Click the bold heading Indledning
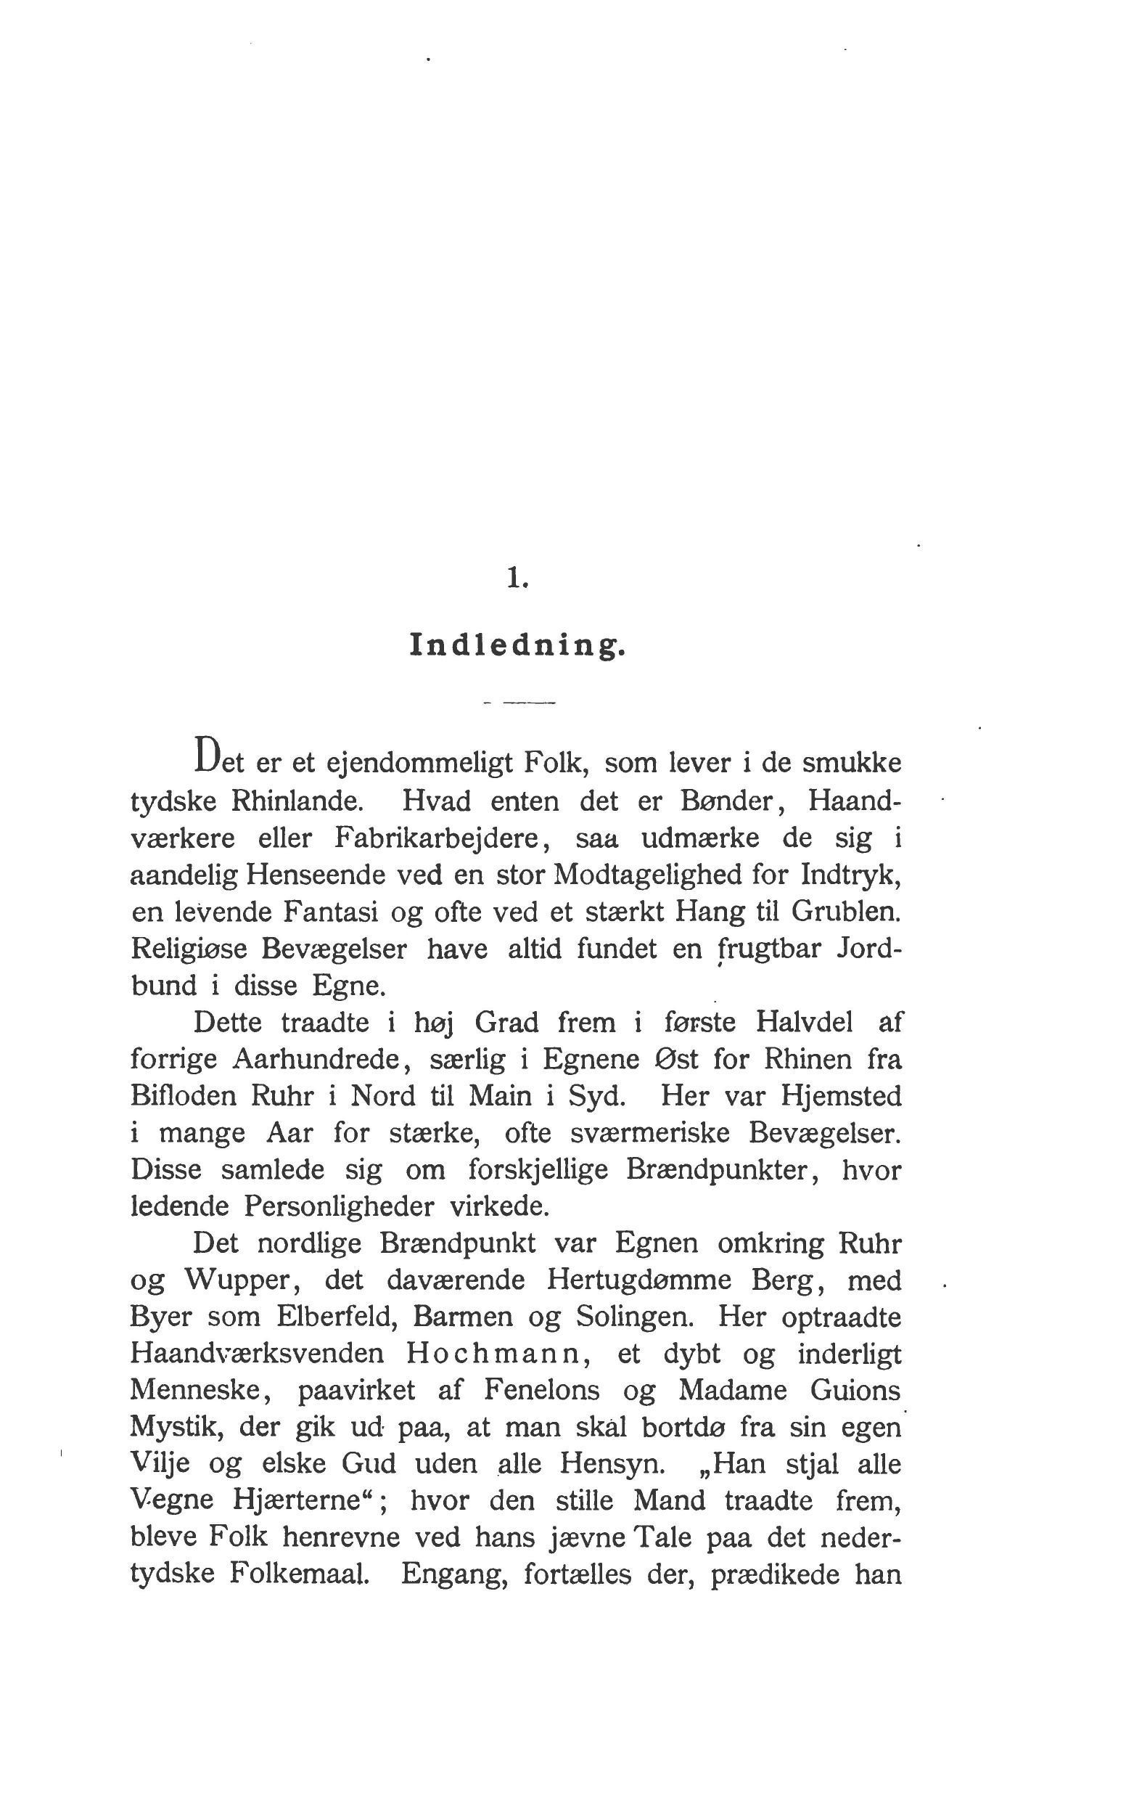click(x=517, y=645)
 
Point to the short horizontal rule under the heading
click(x=519, y=703)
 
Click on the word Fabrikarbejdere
click(x=437, y=838)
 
